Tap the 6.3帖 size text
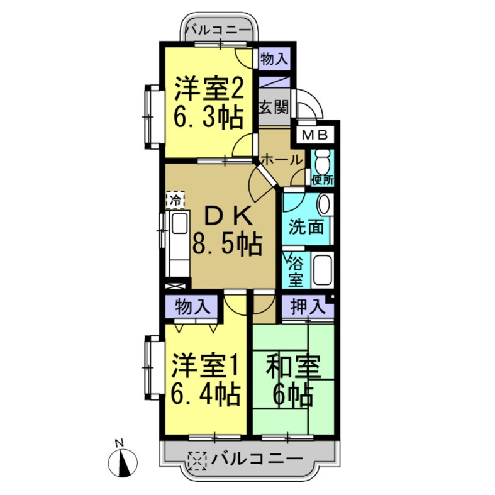tap(208, 118)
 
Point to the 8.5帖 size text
tap(226, 245)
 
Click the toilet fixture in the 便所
tap(322, 162)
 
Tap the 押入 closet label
tap(308, 308)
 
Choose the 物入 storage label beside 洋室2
tap(274, 60)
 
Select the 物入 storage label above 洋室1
tap(192, 308)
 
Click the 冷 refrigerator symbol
tap(175, 201)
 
